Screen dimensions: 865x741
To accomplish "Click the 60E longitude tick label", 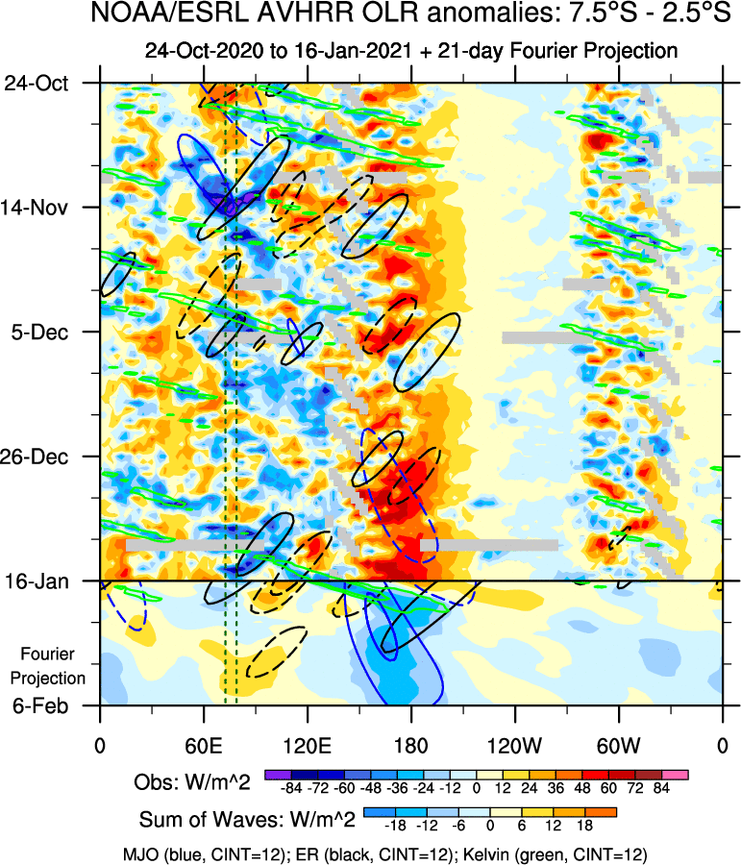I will coord(203,745).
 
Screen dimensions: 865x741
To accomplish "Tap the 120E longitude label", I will coord(307,745).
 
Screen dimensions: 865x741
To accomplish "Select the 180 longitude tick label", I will coord(410,745).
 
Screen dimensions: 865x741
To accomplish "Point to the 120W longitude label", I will coord(514,745).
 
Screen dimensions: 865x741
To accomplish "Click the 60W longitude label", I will coord(618,745).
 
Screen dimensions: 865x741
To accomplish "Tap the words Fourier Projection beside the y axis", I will coord(54,666).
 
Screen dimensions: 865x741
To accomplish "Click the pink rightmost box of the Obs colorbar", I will coord(679,774).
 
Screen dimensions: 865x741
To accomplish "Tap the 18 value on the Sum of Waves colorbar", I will coord(582,826).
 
